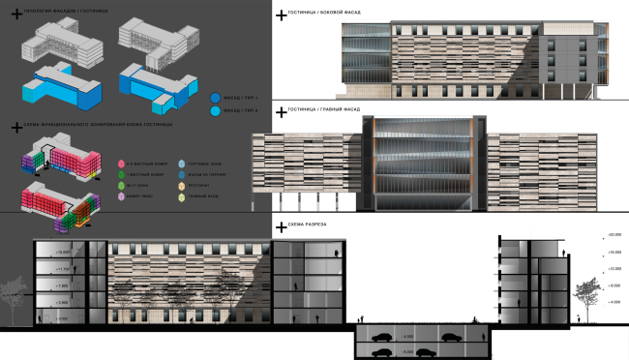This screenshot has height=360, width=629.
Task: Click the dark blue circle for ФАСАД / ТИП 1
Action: [x=214, y=98]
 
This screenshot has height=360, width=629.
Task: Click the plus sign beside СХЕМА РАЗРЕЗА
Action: [x=281, y=226]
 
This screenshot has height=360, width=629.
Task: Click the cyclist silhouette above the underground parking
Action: [x=473, y=320]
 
